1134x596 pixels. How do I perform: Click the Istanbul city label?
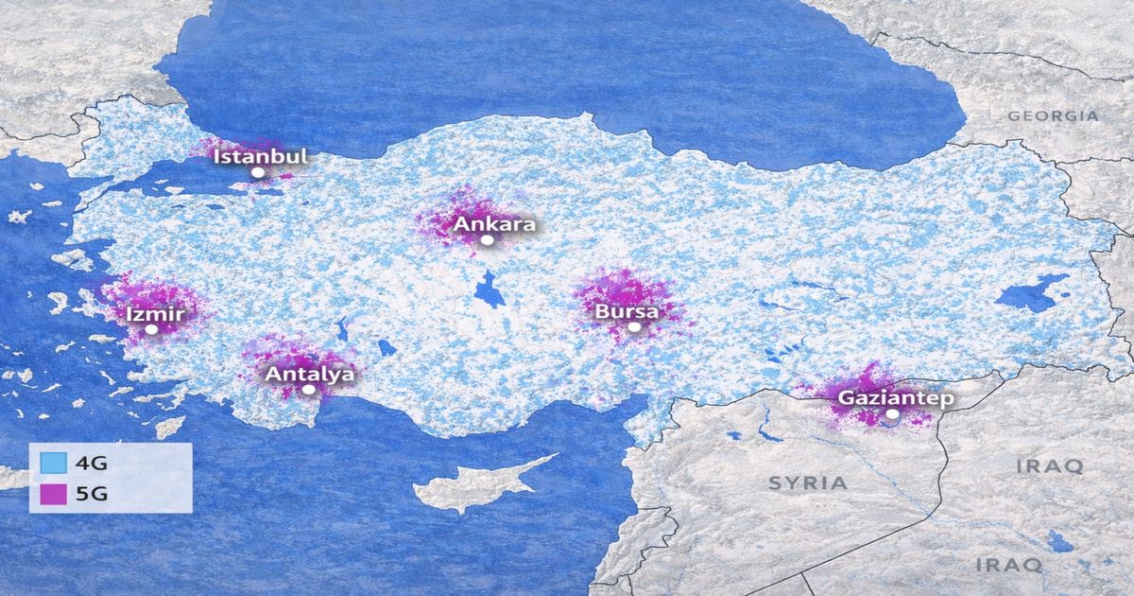pos(261,156)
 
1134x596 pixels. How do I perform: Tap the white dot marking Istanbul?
pos(257,173)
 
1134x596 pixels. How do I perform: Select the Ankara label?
pos(494,224)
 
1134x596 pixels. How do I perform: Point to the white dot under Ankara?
pos(488,240)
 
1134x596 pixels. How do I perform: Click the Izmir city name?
pos(155,313)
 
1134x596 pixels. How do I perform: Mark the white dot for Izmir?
pos(151,329)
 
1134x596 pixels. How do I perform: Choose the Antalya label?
pos(310,374)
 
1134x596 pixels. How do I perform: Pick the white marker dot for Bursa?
pos(634,326)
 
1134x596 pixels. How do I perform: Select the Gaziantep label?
pos(896,398)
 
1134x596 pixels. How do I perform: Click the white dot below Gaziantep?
pos(893,414)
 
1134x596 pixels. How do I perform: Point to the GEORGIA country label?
pos(1053,116)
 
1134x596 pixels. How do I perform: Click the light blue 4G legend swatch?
pos(54,464)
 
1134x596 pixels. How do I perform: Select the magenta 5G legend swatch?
pos(54,493)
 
